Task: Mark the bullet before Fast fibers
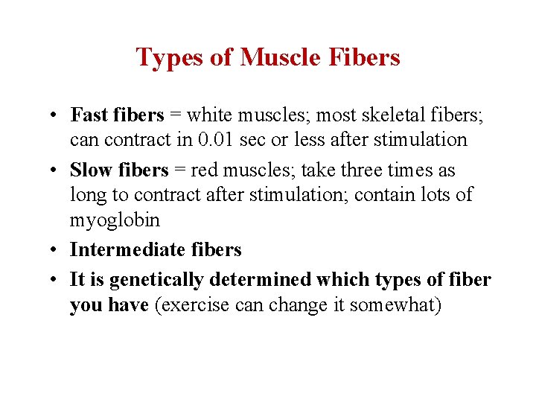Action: coord(57,115)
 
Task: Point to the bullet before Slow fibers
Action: coord(57,170)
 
